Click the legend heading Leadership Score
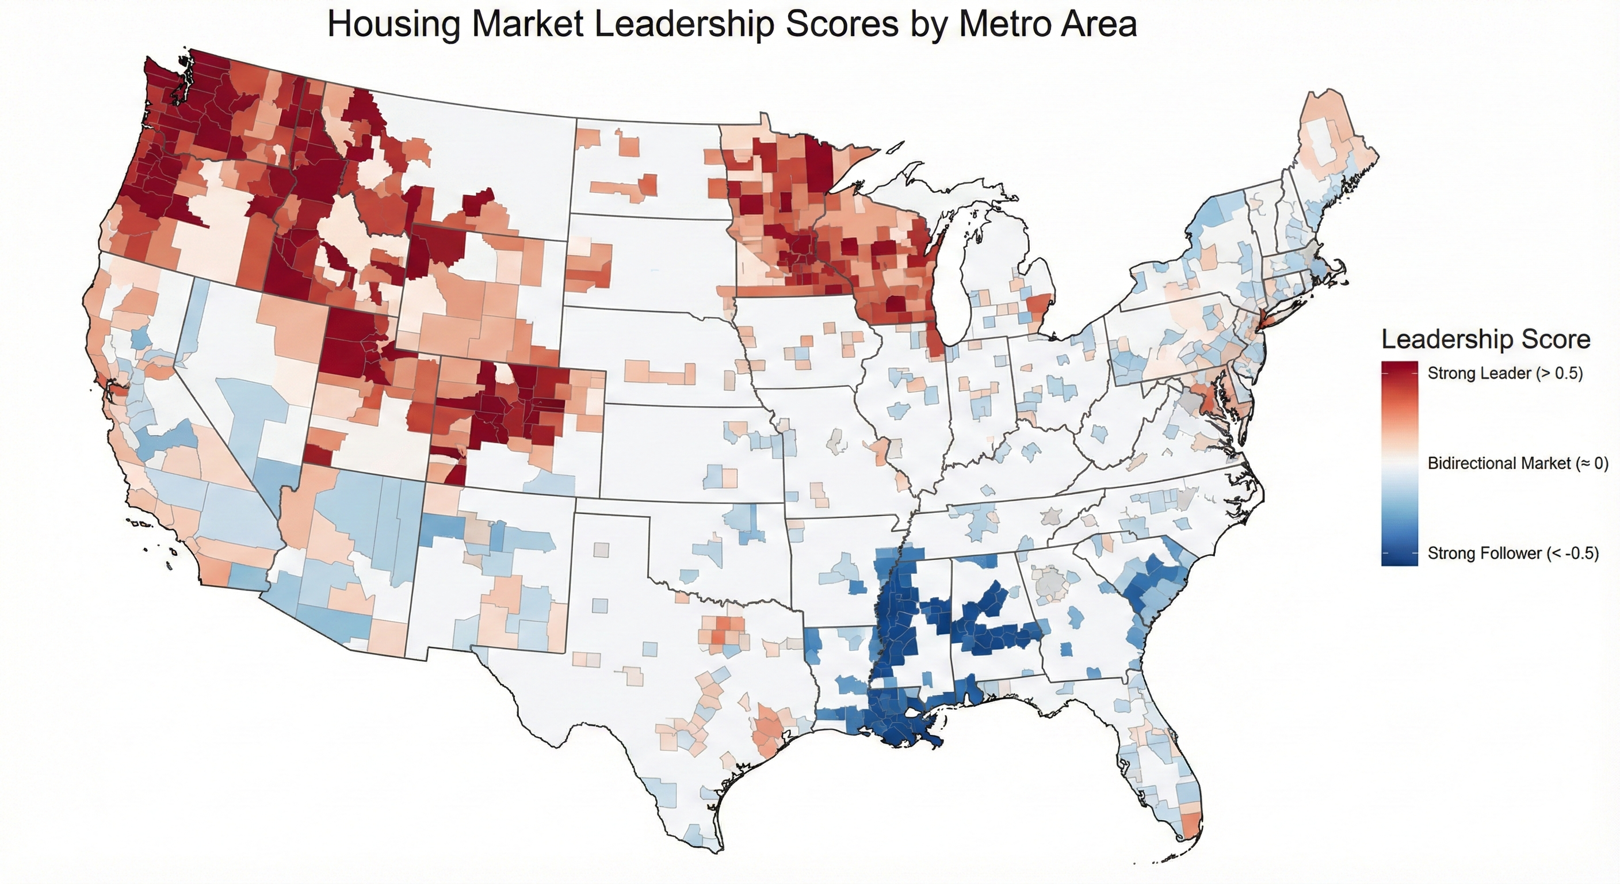point(1485,340)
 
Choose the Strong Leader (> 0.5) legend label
point(1505,373)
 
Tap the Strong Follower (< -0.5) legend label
point(1512,554)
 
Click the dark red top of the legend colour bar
point(1399,368)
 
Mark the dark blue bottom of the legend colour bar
point(1399,559)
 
